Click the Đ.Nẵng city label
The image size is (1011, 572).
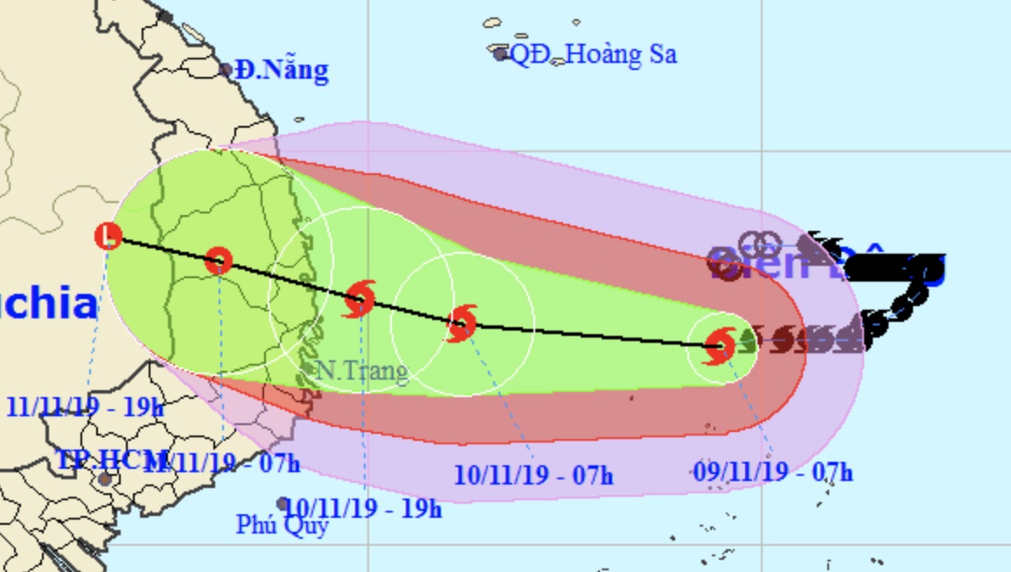pyautogui.click(x=282, y=70)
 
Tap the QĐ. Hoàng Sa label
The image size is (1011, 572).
pyautogui.click(x=593, y=55)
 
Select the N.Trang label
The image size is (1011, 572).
pyautogui.click(x=359, y=372)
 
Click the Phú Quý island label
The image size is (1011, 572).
pyautogui.click(x=282, y=525)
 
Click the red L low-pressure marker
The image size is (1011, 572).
pyautogui.click(x=108, y=235)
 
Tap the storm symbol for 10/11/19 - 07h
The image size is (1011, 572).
pyautogui.click(x=461, y=324)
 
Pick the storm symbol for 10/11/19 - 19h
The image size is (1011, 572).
pyautogui.click(x=359, y=299)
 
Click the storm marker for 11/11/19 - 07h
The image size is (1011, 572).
pyautogui.click(x=219, y=260)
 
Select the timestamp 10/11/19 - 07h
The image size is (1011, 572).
pyautogui.click(x=533, y=476)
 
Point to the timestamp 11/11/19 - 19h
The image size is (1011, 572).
pyautogui.click(x=85, y=407)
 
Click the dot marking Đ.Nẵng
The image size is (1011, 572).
pyautogui.click(x=226, y=70)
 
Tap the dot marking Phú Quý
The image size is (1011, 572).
pyautogui.click(x=282, y=504)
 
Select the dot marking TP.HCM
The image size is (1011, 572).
pyautogui.click(x=105, y=478)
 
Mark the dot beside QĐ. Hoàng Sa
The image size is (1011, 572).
pyautogui.click(x=500, y=54)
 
